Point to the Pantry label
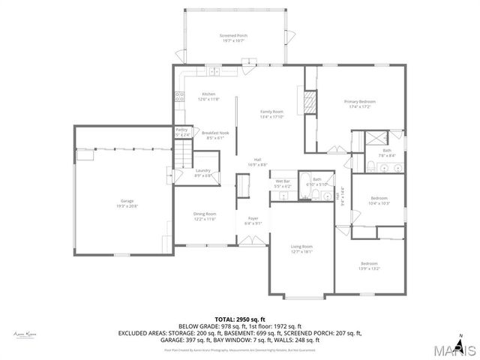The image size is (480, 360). pos(181,130)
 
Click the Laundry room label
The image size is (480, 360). pos(202,171)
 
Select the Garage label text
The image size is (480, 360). pos(127,201)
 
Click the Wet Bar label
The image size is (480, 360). pos(283,181)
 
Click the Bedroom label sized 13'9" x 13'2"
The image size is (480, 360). pos(369,263)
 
